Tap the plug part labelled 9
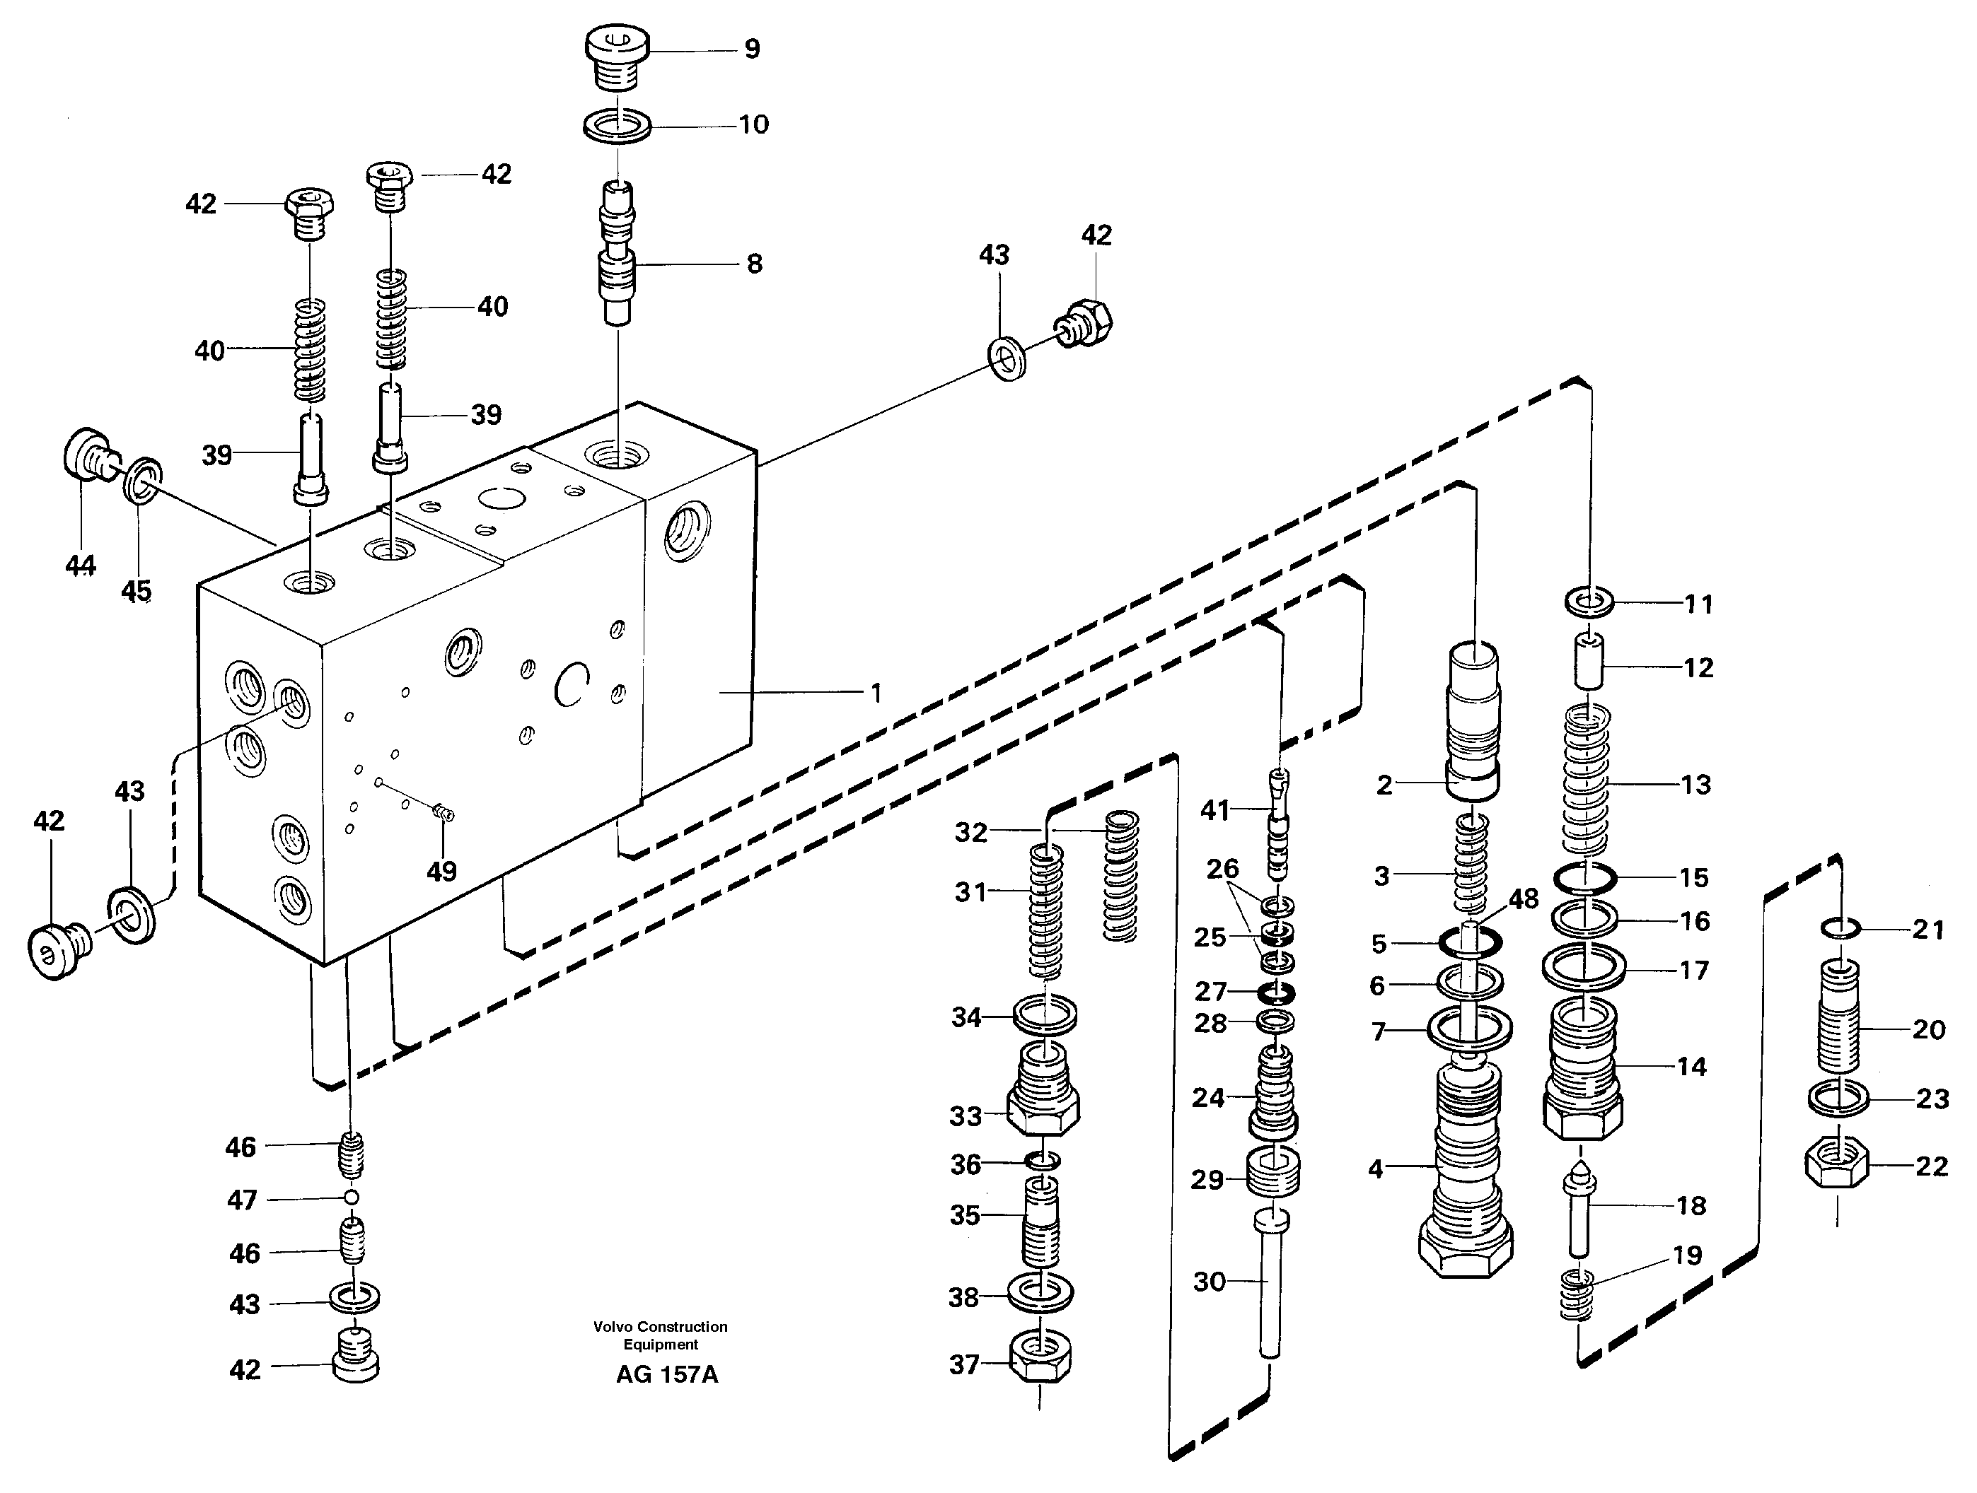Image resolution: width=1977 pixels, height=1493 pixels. (x=617, y=55)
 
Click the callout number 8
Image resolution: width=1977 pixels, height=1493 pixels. (x=754, y=264)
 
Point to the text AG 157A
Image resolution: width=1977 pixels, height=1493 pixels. (x=667, y=1374)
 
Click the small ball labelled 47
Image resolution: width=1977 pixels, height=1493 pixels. (x=352, y=1198)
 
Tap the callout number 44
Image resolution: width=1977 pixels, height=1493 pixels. (x=81, y=565)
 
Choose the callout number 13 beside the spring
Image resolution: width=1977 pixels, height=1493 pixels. (x=1695, y=785)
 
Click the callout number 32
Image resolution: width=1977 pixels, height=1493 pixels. (x=970, y=832)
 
